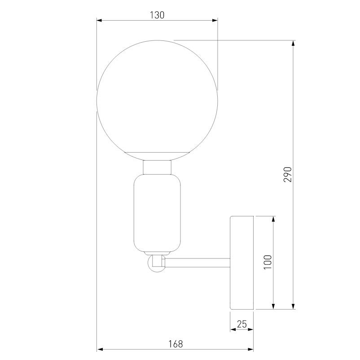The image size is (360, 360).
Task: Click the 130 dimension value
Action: [157, 15]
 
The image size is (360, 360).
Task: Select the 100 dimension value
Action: [268, 263]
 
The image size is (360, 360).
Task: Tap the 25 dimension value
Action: [242, 323]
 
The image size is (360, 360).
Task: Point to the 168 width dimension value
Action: [176, 344]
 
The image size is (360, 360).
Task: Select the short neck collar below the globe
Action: [157, 167]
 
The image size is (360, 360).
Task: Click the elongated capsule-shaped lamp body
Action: [157, 213]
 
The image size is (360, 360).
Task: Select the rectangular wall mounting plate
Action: [242, 263]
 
